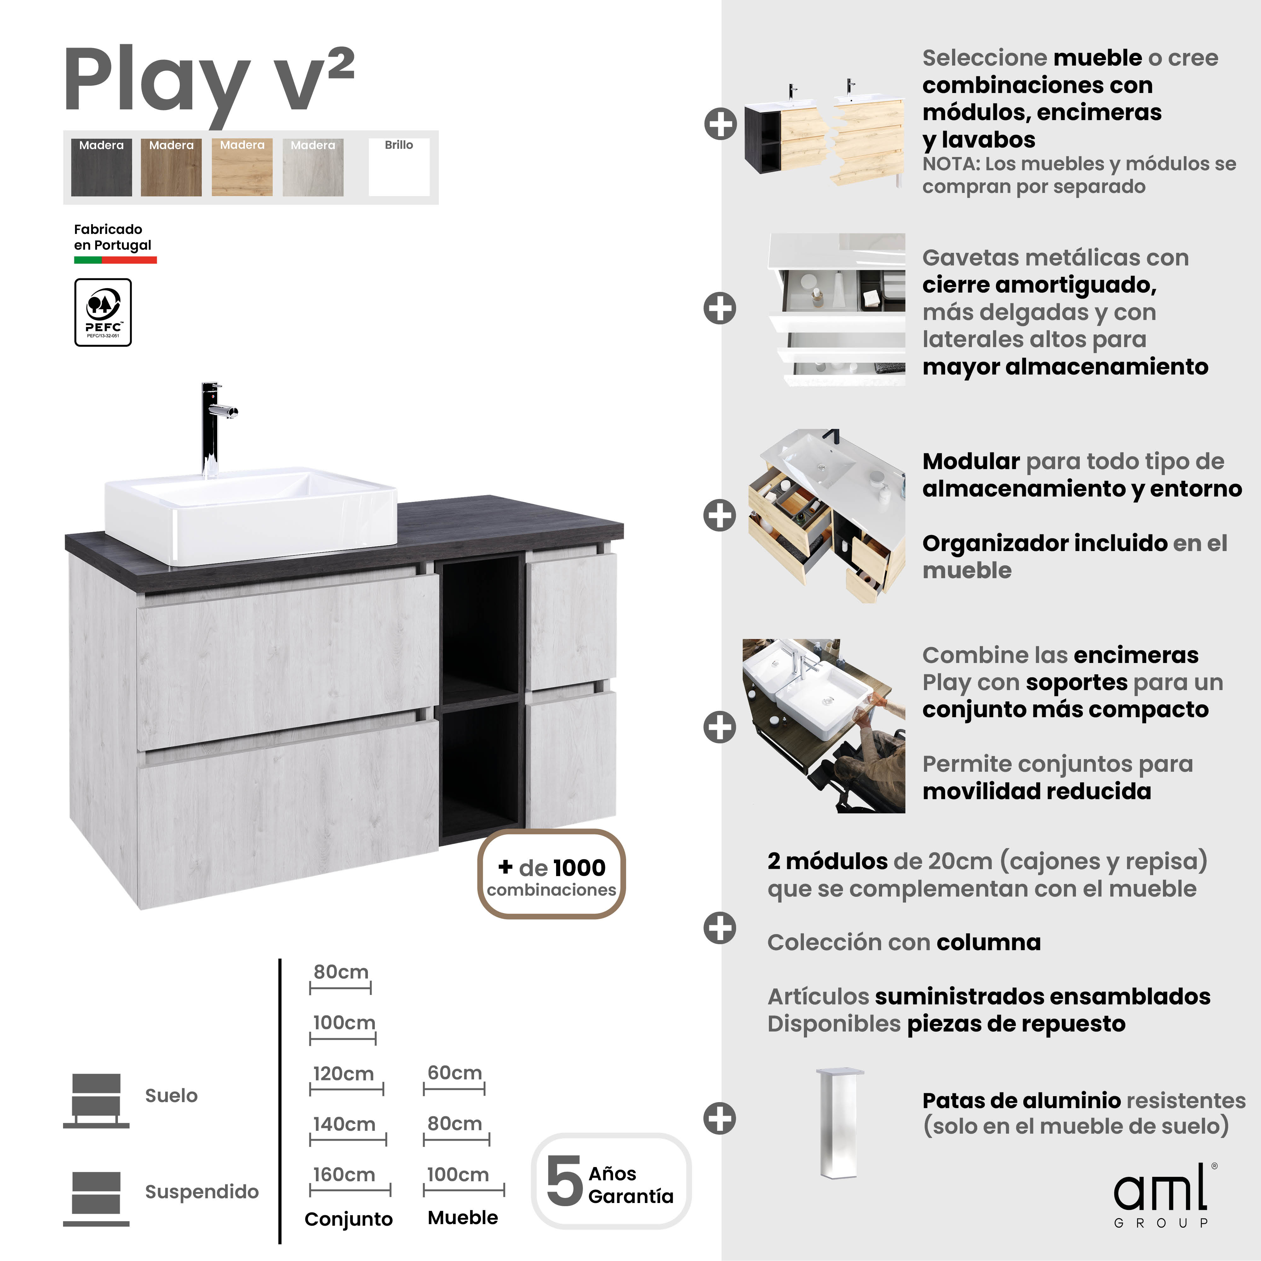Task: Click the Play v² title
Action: (x=209, y=82)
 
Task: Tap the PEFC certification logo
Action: (x=103, y=312)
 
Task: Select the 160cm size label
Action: (x=344, y=1175)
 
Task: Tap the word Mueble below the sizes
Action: (x=463, y=1218)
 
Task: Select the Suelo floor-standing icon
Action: (x=96, y=1100)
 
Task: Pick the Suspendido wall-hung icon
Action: (x=96, y=1198)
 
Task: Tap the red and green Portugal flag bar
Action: (x=115, y=260)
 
